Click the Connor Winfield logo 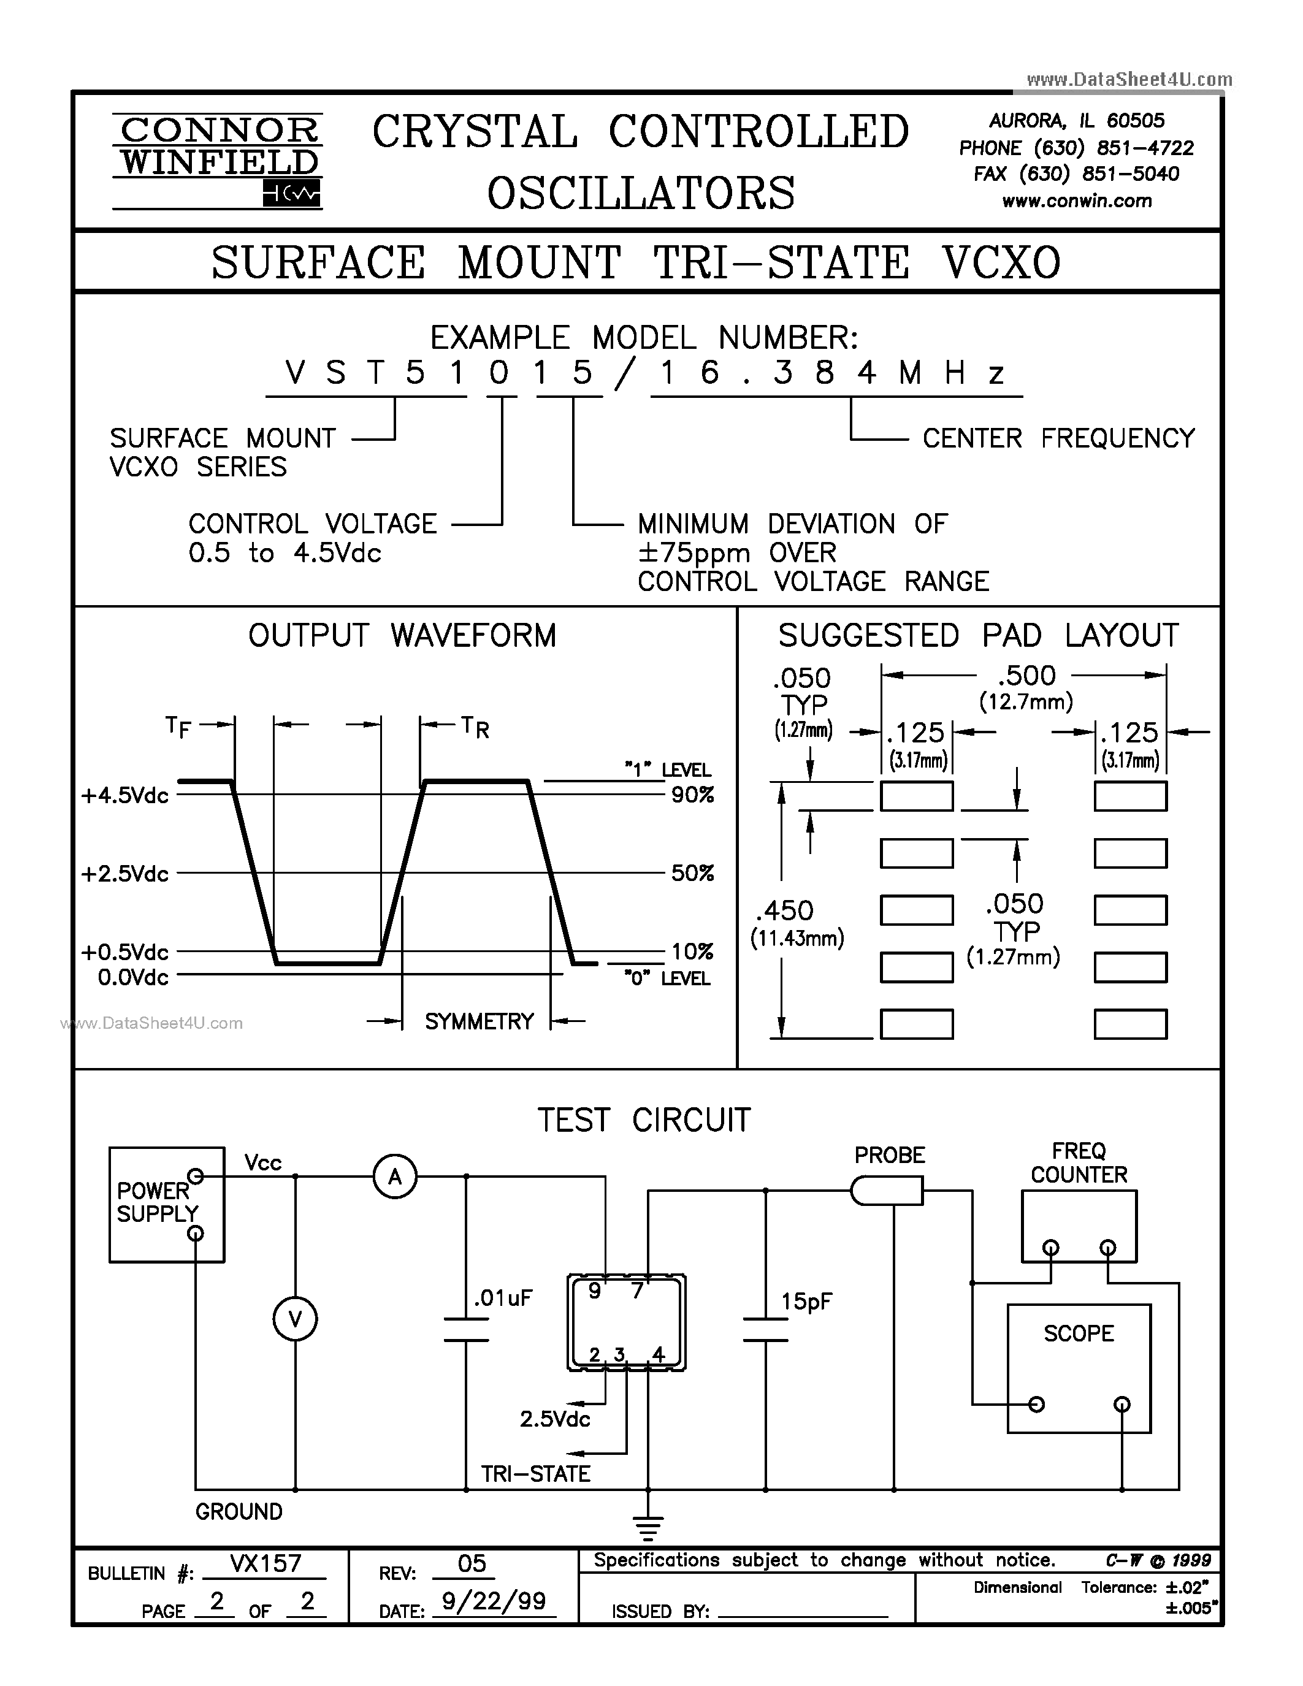coord(218,161)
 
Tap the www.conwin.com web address coord(1076,202)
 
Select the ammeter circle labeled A coord(394,1177)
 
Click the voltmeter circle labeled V coord(295,1319)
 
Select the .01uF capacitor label coord(503,1299)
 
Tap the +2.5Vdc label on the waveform coord(125,874)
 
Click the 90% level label coord(692,795)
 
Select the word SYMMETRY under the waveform coord(479,1021)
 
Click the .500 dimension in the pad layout coord(1025,676)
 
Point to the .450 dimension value coord(785,911)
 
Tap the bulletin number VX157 coord(265,1563)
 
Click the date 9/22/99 coord(492,1601)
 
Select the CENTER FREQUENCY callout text coord(1058,438)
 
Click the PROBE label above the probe coord(889,1155)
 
